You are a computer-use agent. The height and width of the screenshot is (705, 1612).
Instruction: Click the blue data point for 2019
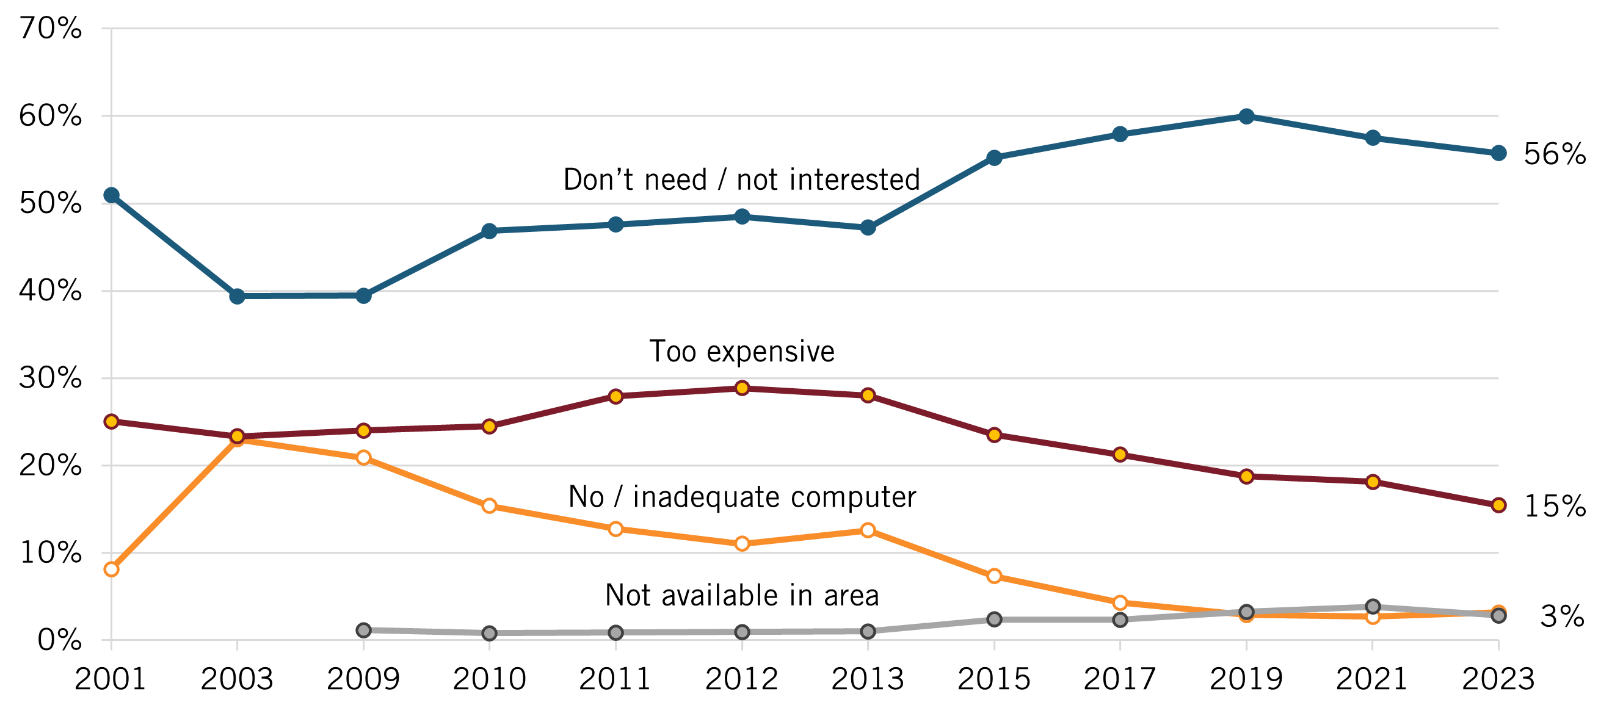[1246, 117]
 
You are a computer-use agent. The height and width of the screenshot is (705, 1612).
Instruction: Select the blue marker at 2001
[111, 196]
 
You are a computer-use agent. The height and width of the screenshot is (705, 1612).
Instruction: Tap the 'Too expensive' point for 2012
[742, 388]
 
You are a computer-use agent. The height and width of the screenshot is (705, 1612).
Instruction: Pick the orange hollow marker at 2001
[111, 569]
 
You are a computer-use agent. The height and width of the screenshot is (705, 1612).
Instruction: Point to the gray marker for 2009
[363, 630]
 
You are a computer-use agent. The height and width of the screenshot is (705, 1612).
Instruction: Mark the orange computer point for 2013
[868, 530]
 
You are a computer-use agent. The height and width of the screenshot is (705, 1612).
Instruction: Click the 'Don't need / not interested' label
[741, 180]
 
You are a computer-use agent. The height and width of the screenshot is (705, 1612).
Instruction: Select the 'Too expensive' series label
[741, 352]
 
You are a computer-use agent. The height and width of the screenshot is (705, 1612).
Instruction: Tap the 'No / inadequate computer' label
[741, 497]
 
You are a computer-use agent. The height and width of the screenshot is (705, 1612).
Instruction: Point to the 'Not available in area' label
[741, 595]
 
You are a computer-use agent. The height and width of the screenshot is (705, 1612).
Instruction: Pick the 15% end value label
[1555, 506]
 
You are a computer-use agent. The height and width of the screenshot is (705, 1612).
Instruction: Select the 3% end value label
[1562, 616]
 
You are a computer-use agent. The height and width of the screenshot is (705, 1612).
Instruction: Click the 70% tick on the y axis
[51, 29]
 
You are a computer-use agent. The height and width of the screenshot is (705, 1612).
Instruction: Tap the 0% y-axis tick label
[59, 640]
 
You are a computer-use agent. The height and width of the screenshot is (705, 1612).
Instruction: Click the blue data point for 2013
[868, 228]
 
